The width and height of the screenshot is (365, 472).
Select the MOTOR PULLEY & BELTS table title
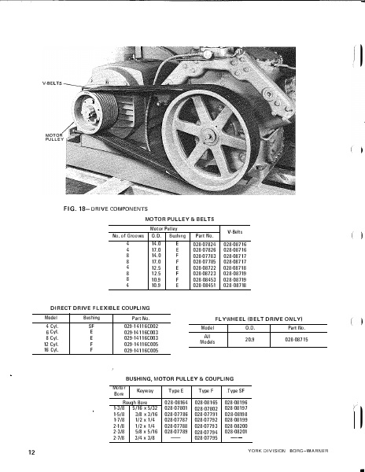181,219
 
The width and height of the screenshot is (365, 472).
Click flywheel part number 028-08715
296,339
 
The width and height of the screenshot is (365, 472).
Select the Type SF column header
236,390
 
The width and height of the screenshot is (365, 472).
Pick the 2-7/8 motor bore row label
120,439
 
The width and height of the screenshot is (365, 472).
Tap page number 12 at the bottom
31,453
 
